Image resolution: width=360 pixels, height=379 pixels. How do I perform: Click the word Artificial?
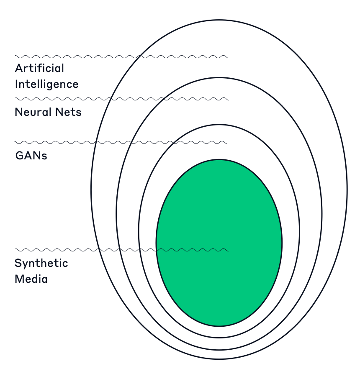point(40,68)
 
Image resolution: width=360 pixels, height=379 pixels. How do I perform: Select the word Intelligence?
point(46,84)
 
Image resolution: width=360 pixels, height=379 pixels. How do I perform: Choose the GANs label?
point(31,156)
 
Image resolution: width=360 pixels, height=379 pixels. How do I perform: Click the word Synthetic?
point(41,263)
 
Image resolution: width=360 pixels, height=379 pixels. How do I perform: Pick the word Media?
point(31,279)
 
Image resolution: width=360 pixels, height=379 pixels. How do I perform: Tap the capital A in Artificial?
point(19,68)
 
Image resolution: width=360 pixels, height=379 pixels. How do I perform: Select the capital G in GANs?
point(19,156)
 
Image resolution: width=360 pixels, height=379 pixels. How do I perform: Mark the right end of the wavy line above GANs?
point(227,143)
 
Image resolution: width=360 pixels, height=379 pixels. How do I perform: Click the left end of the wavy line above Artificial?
point(15,56)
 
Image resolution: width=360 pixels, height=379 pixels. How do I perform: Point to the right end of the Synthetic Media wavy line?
point(228,250)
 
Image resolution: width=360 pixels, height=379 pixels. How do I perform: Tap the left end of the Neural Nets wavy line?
point(15,99)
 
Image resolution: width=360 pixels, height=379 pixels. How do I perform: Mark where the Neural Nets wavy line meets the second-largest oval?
point(161,99)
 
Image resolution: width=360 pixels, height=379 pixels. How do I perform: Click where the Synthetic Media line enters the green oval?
point(157,250)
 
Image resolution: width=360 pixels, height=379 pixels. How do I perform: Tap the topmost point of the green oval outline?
point(219,159)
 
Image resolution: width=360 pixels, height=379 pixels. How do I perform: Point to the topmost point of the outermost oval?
point(219,20)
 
